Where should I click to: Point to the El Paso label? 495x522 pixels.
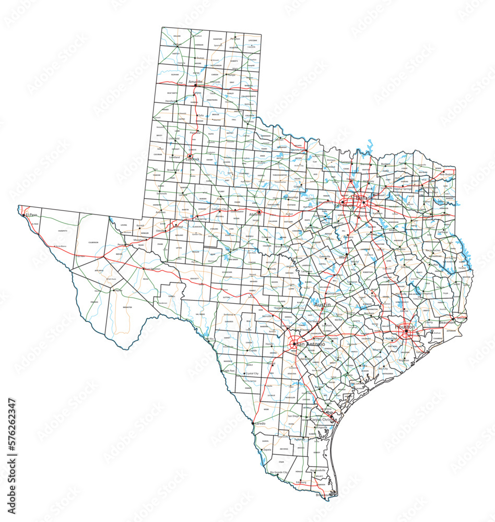pos(31,215)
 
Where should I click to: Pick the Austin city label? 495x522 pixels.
pos(322,304)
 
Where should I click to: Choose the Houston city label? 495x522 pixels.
pos(405,327)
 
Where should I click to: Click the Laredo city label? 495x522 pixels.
pos(260,423)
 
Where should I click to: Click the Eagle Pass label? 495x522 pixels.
pos(228,371)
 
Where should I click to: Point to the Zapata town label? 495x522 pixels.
pos(267,449)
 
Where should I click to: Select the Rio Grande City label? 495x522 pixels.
pos(279,472)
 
